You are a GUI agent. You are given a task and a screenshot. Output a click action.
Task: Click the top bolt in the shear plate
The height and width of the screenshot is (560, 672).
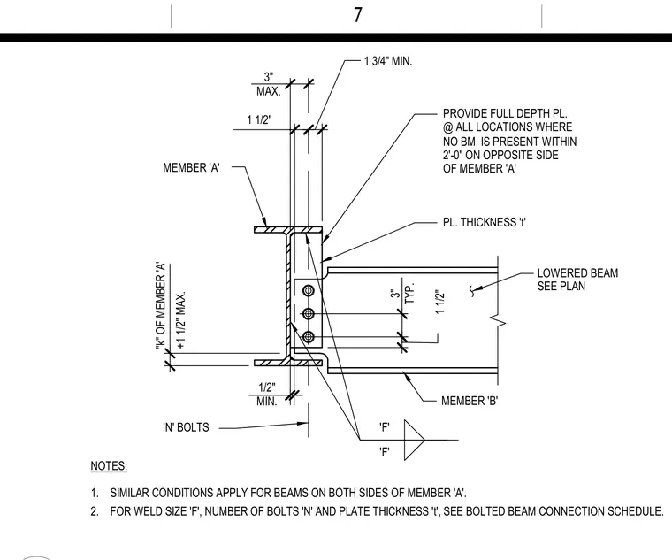click(x=308, y=291)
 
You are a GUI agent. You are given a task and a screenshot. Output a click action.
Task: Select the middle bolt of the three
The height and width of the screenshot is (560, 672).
click(x=308, y=314)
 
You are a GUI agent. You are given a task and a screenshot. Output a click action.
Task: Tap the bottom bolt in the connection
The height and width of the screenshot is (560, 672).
click(x=308, y=336)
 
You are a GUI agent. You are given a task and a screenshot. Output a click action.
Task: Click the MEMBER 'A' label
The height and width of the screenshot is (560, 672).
click(x=191, y=168)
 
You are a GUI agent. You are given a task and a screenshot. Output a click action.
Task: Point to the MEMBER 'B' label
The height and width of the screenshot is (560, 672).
click(x=470, y=401)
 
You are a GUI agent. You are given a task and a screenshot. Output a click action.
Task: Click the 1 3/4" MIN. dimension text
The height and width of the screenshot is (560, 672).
click(x=388, y=61)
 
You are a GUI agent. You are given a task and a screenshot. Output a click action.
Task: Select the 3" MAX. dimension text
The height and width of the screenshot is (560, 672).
click(x=268, y=84)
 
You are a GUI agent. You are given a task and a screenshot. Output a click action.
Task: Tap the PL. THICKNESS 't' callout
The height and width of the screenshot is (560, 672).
click(x=485, y=223)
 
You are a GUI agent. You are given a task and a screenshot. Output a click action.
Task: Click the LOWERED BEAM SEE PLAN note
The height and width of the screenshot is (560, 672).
click(x=577, y=280)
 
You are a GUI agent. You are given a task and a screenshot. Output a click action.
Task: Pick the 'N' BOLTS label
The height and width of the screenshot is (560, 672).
click(x=186, y=427)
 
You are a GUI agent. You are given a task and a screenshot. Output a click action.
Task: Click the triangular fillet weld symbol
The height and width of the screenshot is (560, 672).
click(x=414, y=440)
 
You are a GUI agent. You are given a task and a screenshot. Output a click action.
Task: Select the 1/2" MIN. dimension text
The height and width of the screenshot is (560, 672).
click(x=266, y=395)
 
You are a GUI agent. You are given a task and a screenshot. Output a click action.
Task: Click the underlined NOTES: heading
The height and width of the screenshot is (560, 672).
click(x=109, y=466)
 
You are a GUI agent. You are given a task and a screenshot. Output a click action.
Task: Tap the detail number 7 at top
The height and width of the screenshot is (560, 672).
click(x=358, y=15)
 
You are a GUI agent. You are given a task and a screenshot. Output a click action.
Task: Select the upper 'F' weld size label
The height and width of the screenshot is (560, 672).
click(x=385, y=427)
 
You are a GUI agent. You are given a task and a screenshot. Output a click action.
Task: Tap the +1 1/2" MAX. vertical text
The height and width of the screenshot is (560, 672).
click(x=181, y=320)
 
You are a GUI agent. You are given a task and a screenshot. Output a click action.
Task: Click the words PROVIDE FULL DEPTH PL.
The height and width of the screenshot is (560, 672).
click(x=505, y=113)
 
